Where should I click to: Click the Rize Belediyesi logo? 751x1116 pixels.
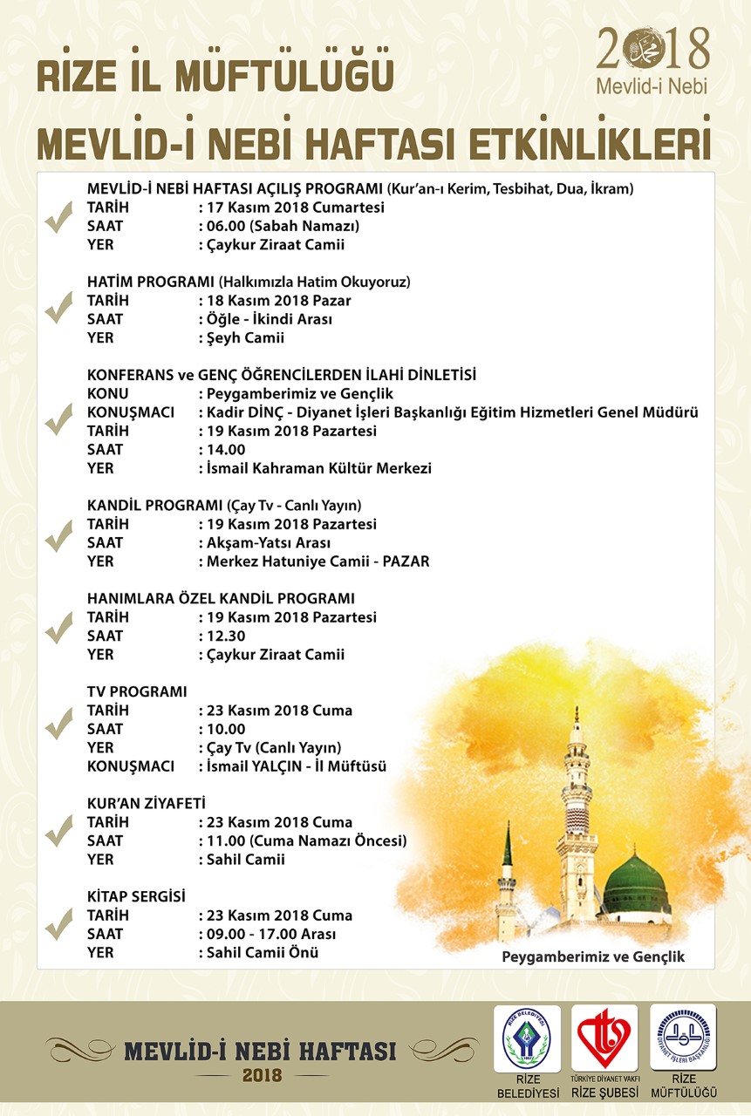tap(527, 1038)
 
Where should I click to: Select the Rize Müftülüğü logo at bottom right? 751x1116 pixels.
tap(683, 1038)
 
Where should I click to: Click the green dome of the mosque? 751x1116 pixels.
tap(636, 884)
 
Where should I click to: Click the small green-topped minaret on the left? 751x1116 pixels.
tap(506, 881)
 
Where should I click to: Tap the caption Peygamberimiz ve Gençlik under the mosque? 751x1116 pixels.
tap(593, 956)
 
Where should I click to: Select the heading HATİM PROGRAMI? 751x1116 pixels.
tap(151, 282)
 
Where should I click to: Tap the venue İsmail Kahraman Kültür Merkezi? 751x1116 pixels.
tap(318, 468)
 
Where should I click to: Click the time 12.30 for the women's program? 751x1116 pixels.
tap(226, 636)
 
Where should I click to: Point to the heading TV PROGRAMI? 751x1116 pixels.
tap(137, 691)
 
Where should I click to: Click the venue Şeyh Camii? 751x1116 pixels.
tap(245, 337)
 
